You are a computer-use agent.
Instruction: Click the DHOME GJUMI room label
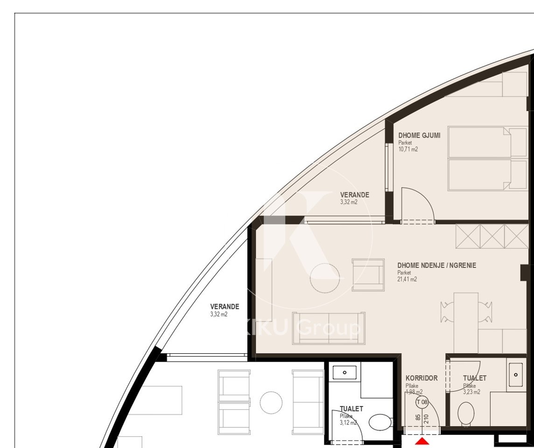[419, 135]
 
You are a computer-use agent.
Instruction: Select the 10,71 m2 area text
[408, 150]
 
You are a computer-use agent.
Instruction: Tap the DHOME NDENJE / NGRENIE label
[436, 266]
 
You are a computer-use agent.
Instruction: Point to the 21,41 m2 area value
[407, 280]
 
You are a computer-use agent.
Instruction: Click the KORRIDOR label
[421, 378]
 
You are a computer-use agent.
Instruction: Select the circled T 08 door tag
[422, 402]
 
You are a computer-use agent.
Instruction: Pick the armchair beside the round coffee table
[368, 275]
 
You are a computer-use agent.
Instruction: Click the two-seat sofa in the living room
[329, 329]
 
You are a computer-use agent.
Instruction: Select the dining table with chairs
[466, 311]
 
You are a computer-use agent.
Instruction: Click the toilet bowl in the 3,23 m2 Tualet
[465, 413]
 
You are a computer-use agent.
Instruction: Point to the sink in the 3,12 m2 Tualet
[344, 372]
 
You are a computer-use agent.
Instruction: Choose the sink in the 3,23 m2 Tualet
[516, 374]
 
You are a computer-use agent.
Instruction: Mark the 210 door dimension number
[426, 419]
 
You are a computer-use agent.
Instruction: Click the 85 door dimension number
[418, 419]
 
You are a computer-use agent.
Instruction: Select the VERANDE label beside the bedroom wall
[354, 195]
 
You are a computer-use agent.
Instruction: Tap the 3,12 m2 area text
[348, 423]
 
